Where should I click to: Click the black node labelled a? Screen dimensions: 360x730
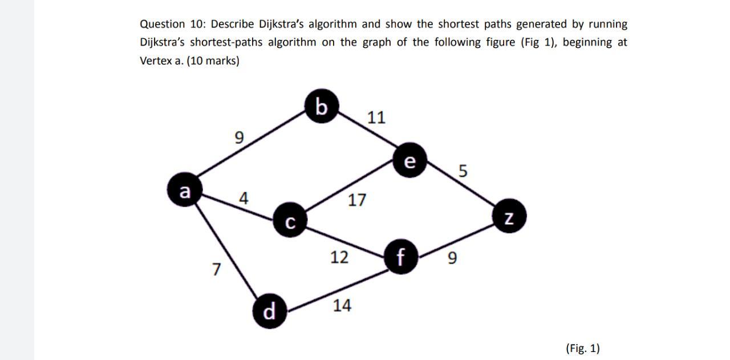(x=184, y=191)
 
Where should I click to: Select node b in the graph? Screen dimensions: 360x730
(x=322, y=107)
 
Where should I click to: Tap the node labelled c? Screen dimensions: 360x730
(x=290, y=221)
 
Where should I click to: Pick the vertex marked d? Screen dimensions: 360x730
(x=270, y=312)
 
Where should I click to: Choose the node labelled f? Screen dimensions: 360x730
(x=401, y=257)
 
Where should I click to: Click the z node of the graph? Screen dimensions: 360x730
(x=510, y=217)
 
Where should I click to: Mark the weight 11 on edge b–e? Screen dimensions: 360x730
(x=376, y=118)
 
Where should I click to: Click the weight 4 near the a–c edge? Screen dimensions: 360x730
(x=244, y=199)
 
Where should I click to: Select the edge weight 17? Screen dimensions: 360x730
(x=357, y=200)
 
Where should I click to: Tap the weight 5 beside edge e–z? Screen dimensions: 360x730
(x=463, y=171)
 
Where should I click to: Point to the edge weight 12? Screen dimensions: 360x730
(x=339, y=257)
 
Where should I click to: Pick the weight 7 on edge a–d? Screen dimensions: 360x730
(x=216, y=269)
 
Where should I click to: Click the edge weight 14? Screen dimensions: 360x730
(x=342, y=306)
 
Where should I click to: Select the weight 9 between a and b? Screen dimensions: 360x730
(x=239, y=137)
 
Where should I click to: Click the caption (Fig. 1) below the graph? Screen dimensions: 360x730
(x=582, y=348)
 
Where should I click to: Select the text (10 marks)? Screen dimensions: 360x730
(x=212, y=61)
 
